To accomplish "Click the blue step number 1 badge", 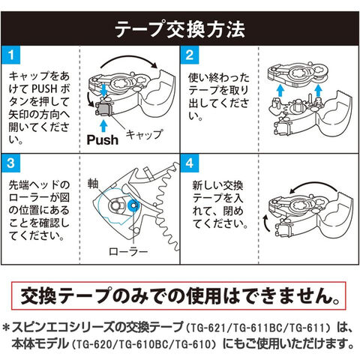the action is point(10,55).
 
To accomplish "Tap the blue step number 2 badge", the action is point(190,55).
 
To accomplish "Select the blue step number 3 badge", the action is point(10,163).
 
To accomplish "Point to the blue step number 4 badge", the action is point(190,163).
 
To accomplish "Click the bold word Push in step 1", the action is point(103,140).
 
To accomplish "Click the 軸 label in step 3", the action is point(93,184).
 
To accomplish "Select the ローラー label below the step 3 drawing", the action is point(128,251).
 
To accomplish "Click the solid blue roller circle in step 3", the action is point(133,205).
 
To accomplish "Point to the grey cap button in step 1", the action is point(103,109).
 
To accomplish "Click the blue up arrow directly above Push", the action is point(103,126).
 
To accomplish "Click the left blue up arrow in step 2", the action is point(280,90).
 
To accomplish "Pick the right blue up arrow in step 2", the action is point(318,90).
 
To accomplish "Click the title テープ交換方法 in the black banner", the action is point(180,30).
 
